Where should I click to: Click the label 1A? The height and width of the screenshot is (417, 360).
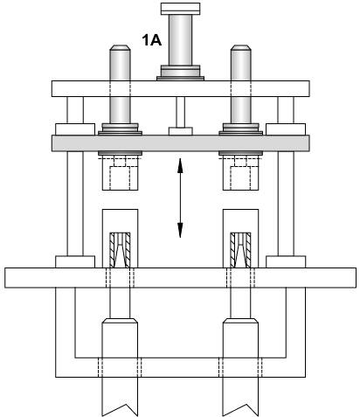point(152,40)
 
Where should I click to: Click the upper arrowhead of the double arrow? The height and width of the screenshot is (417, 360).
point(180,165)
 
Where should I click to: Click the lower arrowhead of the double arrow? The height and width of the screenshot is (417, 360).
point(180,230)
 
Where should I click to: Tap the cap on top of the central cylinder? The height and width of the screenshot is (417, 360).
point(181,9)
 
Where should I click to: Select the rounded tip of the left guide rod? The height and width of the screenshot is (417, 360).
point(120,47)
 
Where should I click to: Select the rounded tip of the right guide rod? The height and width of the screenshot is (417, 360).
point(241,47)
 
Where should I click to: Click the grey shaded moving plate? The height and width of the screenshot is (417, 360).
point(181,143)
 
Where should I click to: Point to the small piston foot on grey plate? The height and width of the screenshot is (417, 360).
point(181,131)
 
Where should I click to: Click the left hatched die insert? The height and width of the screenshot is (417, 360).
point(120,250)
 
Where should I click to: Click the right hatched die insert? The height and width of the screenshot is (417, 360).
point(240,250)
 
